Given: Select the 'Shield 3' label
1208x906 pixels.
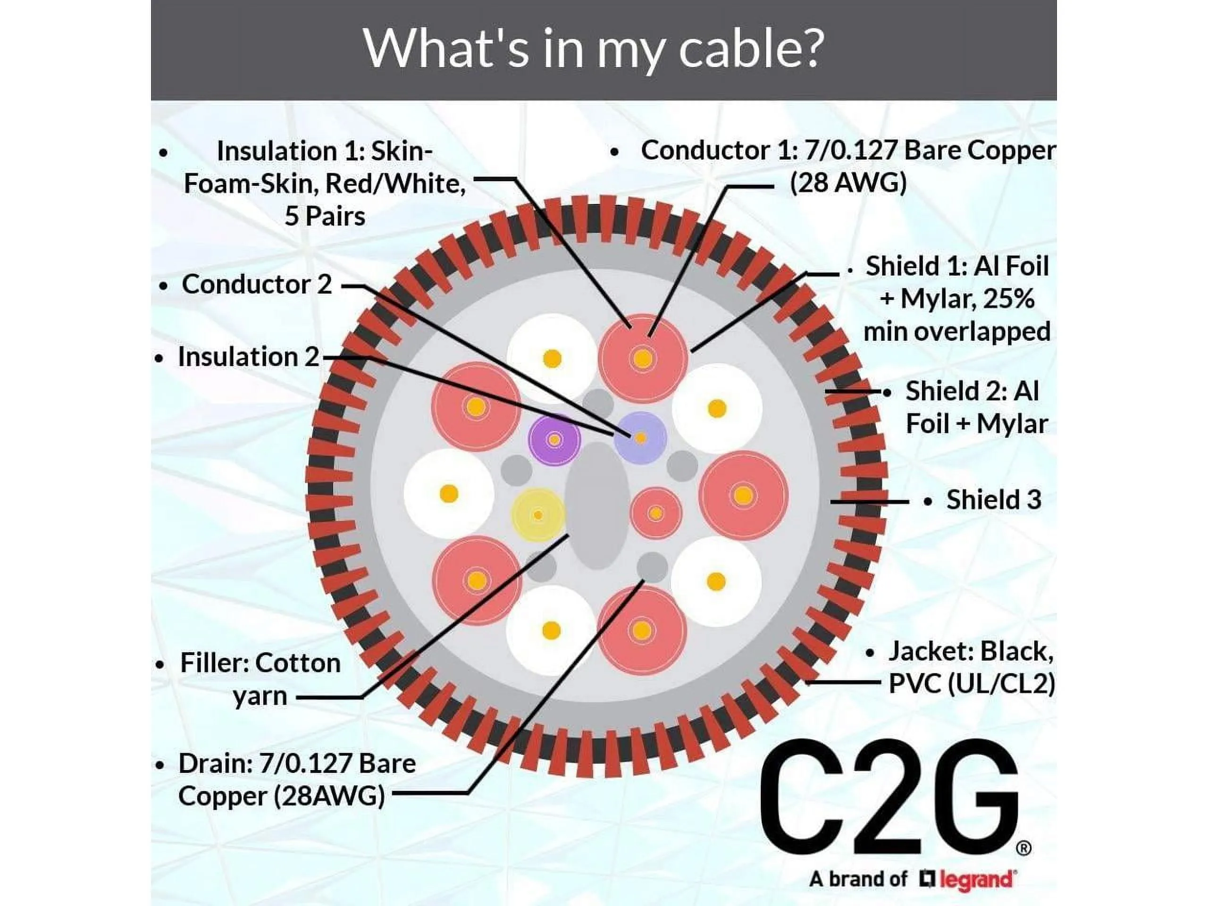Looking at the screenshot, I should [x=993, y=500].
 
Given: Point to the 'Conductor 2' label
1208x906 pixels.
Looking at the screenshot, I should [x=257, y=284].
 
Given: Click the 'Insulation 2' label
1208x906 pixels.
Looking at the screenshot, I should [x=249, y=357].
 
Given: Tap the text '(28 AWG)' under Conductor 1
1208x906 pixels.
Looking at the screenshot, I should [x=847, y=183].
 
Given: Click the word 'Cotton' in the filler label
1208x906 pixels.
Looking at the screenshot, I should [x=298, y=663].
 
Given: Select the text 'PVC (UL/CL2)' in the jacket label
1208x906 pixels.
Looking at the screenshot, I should [x=972, y=684].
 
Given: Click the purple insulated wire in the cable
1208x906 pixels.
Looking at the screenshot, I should [x=554, y=440].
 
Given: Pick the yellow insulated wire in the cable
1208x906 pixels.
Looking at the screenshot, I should [x=538, y=515].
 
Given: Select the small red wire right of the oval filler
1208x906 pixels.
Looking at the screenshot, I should [x=656, y=513].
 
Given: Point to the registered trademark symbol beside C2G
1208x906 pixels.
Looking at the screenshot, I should [x=1024, y=848].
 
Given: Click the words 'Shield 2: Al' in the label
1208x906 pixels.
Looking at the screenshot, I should [x=972, y=391].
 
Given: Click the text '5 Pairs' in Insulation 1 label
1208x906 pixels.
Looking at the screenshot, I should [x=325, y=216].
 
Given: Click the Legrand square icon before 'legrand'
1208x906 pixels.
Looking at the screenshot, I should [x=927, y=879].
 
